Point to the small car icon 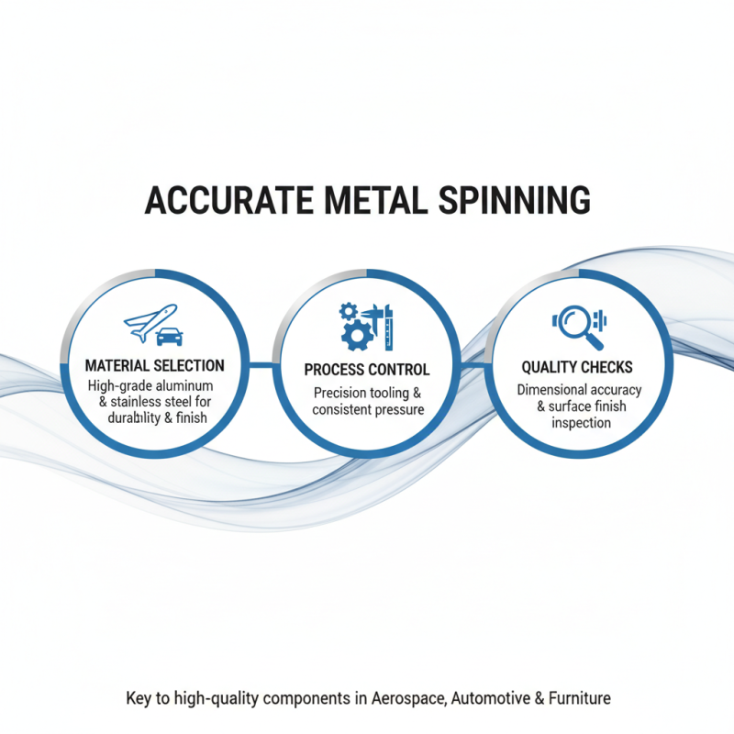(170, 337)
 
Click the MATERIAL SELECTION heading (154, 366)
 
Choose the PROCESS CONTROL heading (367, 370)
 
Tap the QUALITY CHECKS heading (576, 367)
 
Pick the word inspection (581, 423)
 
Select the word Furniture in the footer (579, 699)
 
